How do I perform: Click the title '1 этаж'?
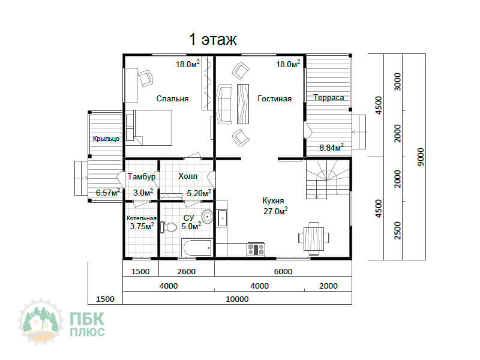[x=213, y=40]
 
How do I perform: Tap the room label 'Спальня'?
[x=172, y=98]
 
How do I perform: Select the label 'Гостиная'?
[x=275, y=98]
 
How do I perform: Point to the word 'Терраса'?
[x=328, y=98]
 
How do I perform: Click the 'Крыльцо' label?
[x=106, y=139]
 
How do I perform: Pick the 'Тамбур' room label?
[x=142, y=176]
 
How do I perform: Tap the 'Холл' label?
[x=188, y=176]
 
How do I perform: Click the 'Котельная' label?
[x=142, y=218]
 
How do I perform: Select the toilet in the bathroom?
[x=169, y=227]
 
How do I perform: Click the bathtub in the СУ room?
[x=197, y=248]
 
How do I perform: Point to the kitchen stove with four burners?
[x=256, y=249]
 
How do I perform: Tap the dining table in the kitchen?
[x=314, y=239]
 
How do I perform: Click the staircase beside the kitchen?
[x=328, y=179]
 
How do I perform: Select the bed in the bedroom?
[x=149, y=128]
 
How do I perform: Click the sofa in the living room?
[x=224, y=104]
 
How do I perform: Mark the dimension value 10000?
[x=237, y=299]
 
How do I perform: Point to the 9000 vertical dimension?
[x=421, y=157]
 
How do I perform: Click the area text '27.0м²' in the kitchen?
[x=275, y=211]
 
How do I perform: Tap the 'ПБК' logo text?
[x=87, y=319]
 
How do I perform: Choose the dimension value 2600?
[x=186, y=272]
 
